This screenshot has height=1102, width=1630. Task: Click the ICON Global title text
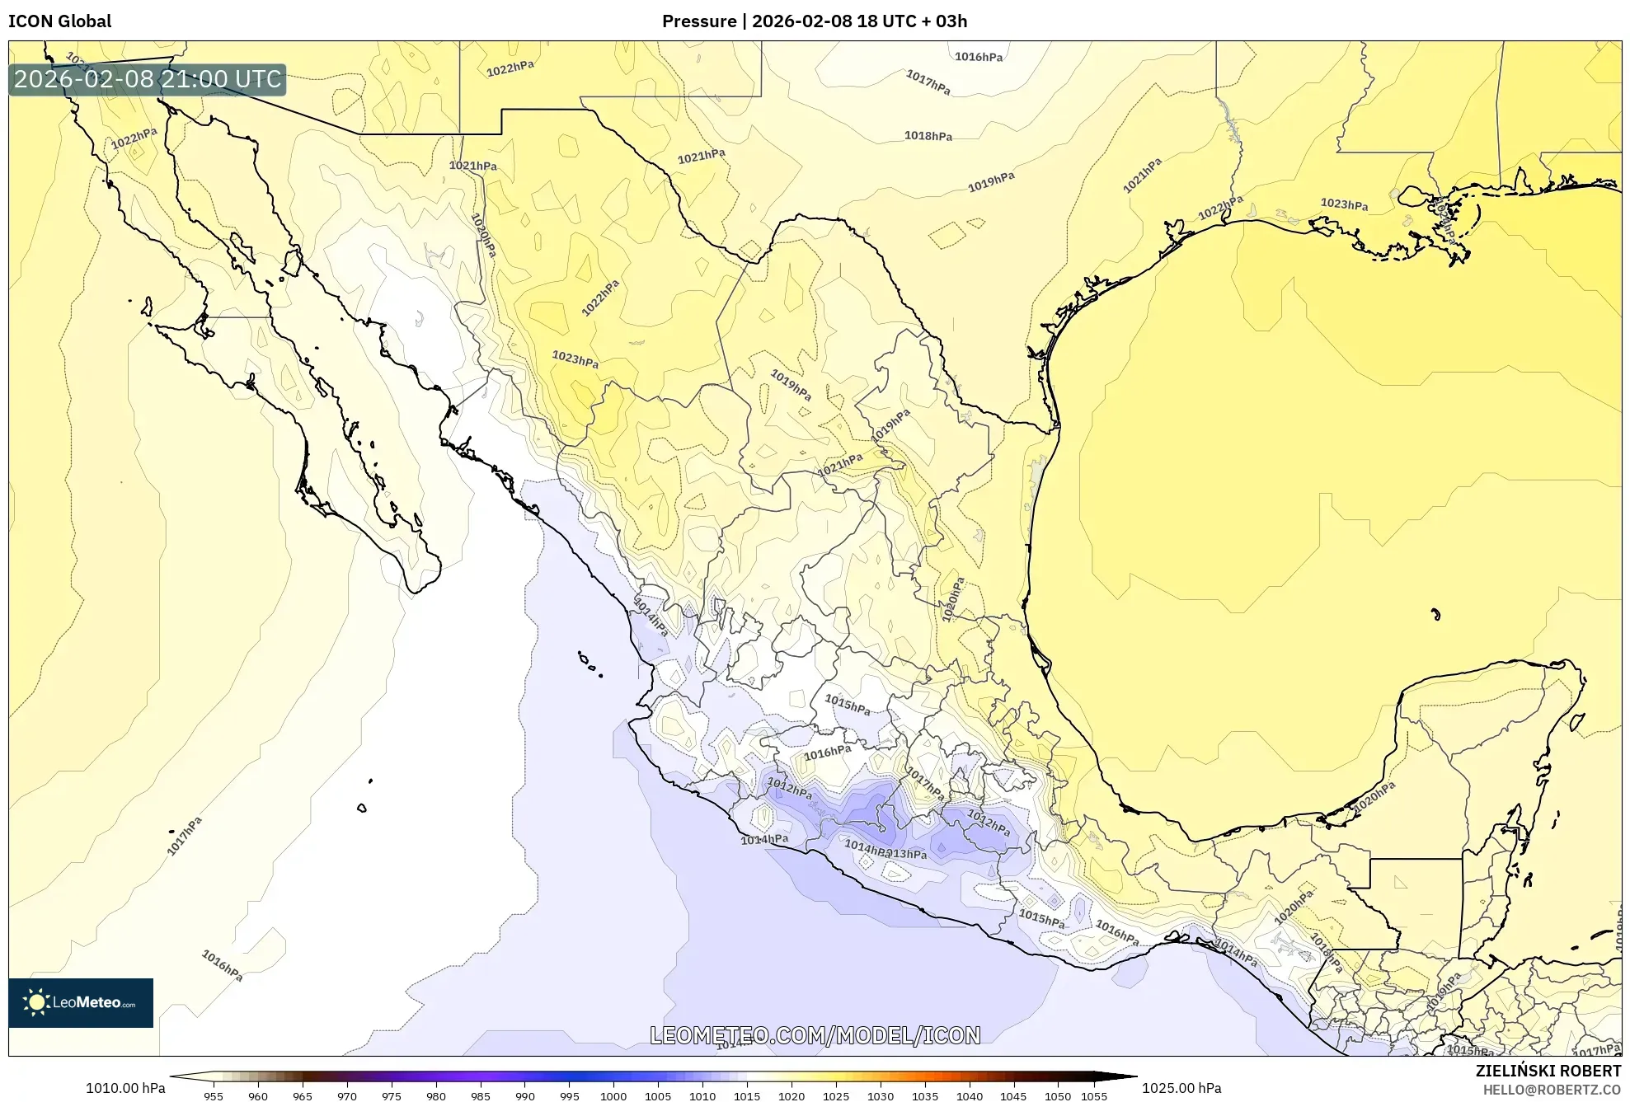[x=59, y=21]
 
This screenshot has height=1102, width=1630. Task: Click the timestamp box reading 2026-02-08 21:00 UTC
[x=148, y=79]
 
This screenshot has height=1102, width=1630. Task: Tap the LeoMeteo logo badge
[x=81, y=1002]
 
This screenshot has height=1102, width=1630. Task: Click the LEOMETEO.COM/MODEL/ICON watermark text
[x=815, y=1035]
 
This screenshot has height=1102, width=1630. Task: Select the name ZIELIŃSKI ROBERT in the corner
[x=1548, y=1071]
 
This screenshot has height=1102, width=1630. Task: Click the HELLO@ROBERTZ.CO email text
[x=1552, y=1090]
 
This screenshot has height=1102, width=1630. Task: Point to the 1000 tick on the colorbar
[x=613, y=1096]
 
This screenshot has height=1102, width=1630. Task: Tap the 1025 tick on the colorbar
[x=836, y=1096]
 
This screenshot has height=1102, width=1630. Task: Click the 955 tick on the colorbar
[x=214, y=1096]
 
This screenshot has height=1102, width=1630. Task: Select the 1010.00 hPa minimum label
[x=125, y=1088]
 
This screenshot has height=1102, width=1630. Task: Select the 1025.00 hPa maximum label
[x=1181, y=1088]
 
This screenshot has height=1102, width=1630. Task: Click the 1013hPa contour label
[x=907, y=854]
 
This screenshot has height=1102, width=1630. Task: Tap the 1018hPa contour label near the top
[x=928, y=136]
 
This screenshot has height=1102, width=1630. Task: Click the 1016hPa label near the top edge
[x=979, y=57]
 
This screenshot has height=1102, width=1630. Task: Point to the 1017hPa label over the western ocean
[x=185, y=836]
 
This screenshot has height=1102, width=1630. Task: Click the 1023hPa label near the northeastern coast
[x=1344, y=204]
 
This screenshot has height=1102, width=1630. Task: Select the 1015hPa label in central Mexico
[x=848, y=705]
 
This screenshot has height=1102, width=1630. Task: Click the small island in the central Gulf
[x=1435, y=614]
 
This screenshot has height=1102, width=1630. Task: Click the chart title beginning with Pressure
[x=814, y=21]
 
